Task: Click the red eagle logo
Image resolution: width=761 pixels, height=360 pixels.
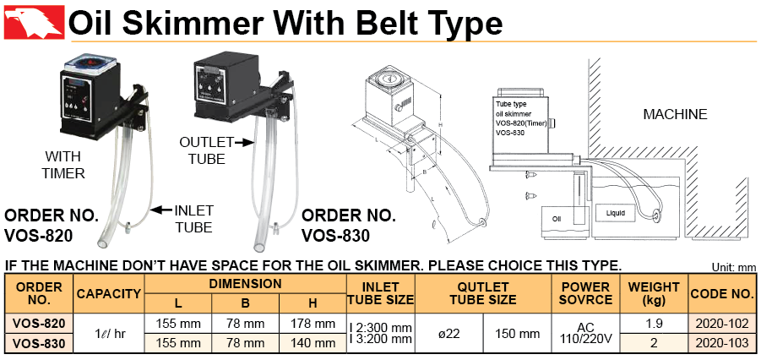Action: (35, 22)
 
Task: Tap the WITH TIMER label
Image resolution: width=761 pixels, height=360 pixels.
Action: (63, 165)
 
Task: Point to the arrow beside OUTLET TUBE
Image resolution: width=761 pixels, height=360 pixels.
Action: (245, 142)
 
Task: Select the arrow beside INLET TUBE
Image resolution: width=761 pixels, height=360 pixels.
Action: (161, 210)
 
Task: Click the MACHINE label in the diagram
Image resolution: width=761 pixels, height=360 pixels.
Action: (675, 115)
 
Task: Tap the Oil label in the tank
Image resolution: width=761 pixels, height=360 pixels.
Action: (557, 219)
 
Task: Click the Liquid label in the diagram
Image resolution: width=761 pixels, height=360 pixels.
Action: (616, 213)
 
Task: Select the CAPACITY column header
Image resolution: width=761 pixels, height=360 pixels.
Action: (109, 294)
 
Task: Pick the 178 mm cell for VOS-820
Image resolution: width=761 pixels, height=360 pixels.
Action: (313, 323)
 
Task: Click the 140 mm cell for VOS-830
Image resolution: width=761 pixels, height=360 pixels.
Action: (313, 343)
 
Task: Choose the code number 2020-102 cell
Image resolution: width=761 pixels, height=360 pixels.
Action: (722, 323)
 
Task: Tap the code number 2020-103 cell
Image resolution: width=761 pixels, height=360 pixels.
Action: (722, 343)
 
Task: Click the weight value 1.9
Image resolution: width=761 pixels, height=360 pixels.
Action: (655, 323)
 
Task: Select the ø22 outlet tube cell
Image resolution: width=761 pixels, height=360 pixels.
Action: (449, 333)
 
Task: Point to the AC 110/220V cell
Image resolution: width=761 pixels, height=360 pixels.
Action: (586, 333)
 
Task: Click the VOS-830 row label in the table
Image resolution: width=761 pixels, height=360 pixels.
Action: (38, 343)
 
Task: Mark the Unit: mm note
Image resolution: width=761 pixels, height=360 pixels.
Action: (734, 268)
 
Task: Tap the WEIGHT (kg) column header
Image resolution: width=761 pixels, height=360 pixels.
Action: (655, 293)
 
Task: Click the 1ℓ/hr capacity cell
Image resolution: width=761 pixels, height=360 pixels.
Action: (109, 333)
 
